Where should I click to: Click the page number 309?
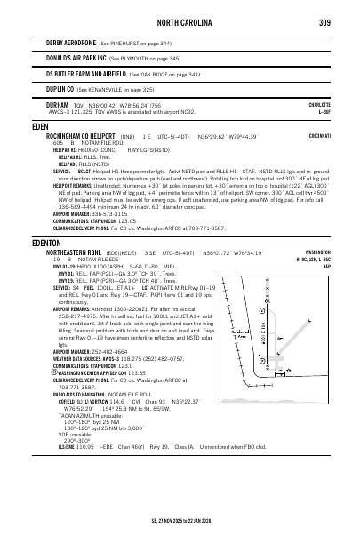coord(325,22)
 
